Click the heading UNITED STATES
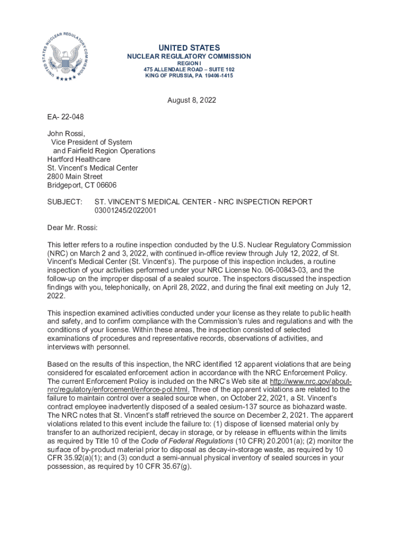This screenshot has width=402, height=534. [189, 47]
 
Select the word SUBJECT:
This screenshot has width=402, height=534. [65, 202]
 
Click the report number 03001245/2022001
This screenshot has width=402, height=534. [125, 210]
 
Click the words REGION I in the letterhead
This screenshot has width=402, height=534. [189, 63]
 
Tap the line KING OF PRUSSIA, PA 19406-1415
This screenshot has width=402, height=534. [189, 76]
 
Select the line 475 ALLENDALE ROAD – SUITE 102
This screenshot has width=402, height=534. [189, 69]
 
